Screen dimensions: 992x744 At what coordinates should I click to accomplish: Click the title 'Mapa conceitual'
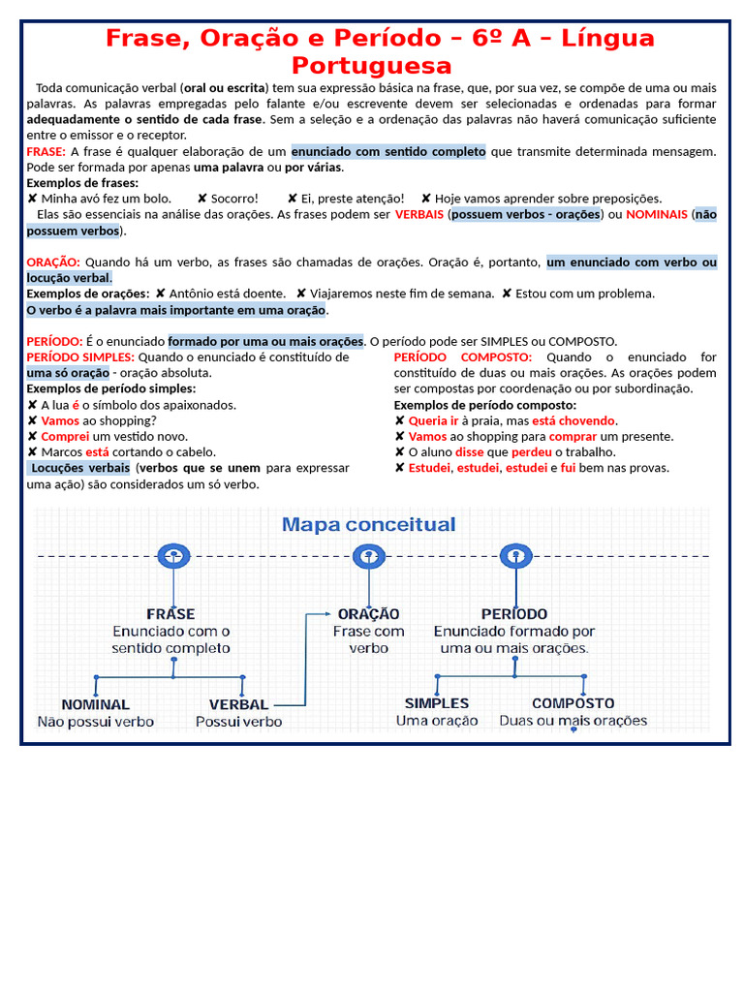pyautogui.click(x=368, y=525)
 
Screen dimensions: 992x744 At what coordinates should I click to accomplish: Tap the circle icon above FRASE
pyautogui.click(x=172, y=556)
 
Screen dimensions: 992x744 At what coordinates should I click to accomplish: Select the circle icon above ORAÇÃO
pyautogui.click(x=368, y=556)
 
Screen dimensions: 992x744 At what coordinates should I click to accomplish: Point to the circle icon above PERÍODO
pyautogui.click(x=514, y=556)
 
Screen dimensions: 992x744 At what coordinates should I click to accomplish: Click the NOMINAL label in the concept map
pyautogui.click(x=95, y=704)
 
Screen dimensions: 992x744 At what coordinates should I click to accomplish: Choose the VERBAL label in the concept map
pyautogui.click(x=238, y=704)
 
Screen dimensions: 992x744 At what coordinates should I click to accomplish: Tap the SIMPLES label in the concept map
pyautogui.click(x=436, y=703)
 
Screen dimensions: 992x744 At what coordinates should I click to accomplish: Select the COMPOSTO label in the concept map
pyautogui.click(x=573, y=703)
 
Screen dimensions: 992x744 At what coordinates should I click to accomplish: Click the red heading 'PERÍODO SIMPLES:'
pyautogui.click(x=80, y=356)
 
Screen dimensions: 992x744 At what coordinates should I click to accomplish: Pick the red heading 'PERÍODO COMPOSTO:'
pyautogui.click(x=462, y=356)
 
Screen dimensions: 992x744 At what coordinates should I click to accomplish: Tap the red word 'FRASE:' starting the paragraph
pyautogui.click(x=46, y=151)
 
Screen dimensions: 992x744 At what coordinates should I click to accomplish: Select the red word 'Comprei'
pyautogui.click(x=65, y=436)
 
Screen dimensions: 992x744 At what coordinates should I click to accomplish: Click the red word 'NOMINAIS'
pyautogui.click(x=657, y=214)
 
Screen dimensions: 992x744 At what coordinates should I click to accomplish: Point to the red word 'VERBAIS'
pyautogui.click(x=419, y=214)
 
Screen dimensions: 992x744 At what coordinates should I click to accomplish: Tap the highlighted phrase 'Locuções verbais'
pyautogui.click(x=80, y=468)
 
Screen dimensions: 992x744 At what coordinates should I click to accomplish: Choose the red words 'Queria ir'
pyautogui.click(x=433, y=420)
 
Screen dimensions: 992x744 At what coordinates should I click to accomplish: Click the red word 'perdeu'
pyautogui.click(x=532, y=451)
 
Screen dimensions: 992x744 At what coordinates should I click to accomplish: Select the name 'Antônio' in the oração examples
pyautogui.click(x=198, y=293)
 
